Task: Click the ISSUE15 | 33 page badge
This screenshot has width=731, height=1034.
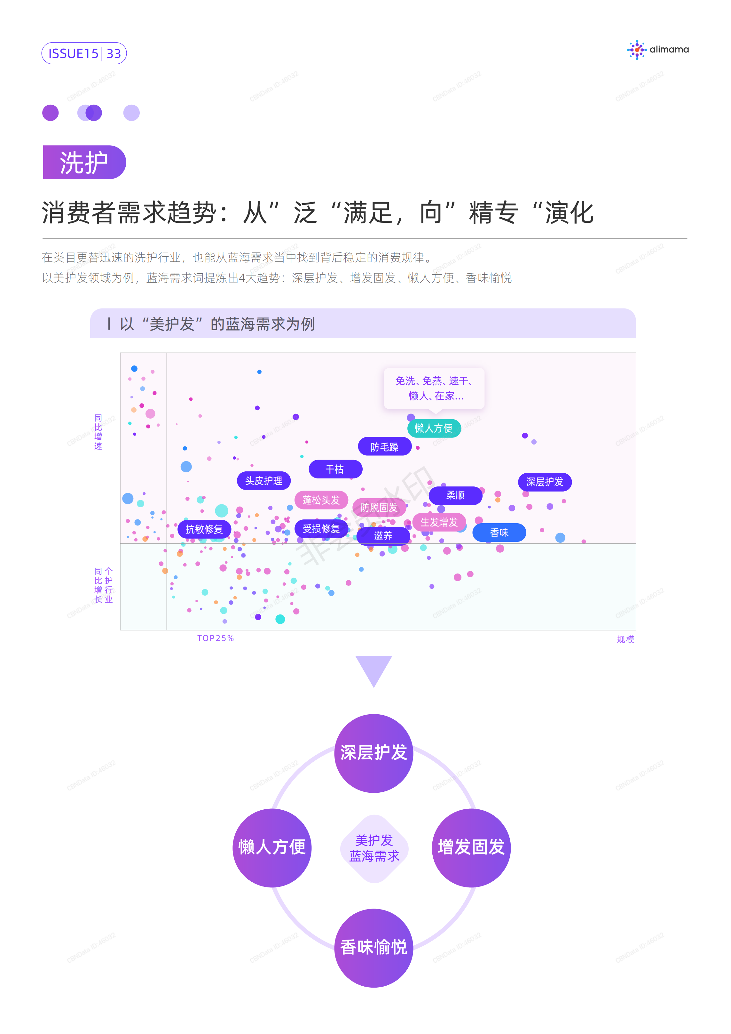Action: [84, 53]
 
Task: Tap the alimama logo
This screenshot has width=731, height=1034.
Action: [658, 50]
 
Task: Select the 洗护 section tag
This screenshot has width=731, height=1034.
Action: [84, 162]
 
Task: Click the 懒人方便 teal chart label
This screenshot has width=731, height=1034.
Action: [434, 428]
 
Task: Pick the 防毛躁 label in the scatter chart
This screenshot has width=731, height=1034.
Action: [384, 447]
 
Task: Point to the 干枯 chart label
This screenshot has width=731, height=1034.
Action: [335, 469]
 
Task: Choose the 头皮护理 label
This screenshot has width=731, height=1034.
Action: [264, 481]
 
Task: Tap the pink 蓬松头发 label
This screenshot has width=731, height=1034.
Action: [321, 500]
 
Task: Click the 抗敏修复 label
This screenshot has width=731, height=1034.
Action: [204, 529]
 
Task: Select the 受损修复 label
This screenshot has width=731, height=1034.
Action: [321, 529]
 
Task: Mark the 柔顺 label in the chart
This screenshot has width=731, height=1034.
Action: [456, 495]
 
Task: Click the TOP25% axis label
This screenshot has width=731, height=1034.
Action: [216, 638]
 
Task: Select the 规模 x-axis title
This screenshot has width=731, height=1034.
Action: [626, 639]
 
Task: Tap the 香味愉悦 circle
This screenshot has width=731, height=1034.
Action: [373, 948]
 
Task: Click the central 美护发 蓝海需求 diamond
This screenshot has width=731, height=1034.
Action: [374, 848]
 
